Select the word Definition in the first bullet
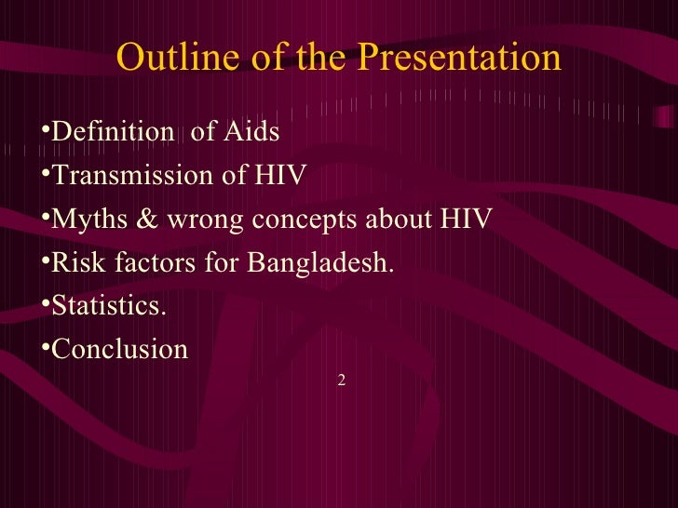click(x=112, y=132)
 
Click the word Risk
click(x=78, y=263)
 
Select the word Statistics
click(x=110, y=307)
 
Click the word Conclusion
click(x=119, y=351)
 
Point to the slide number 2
click(x=342, y=380)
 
